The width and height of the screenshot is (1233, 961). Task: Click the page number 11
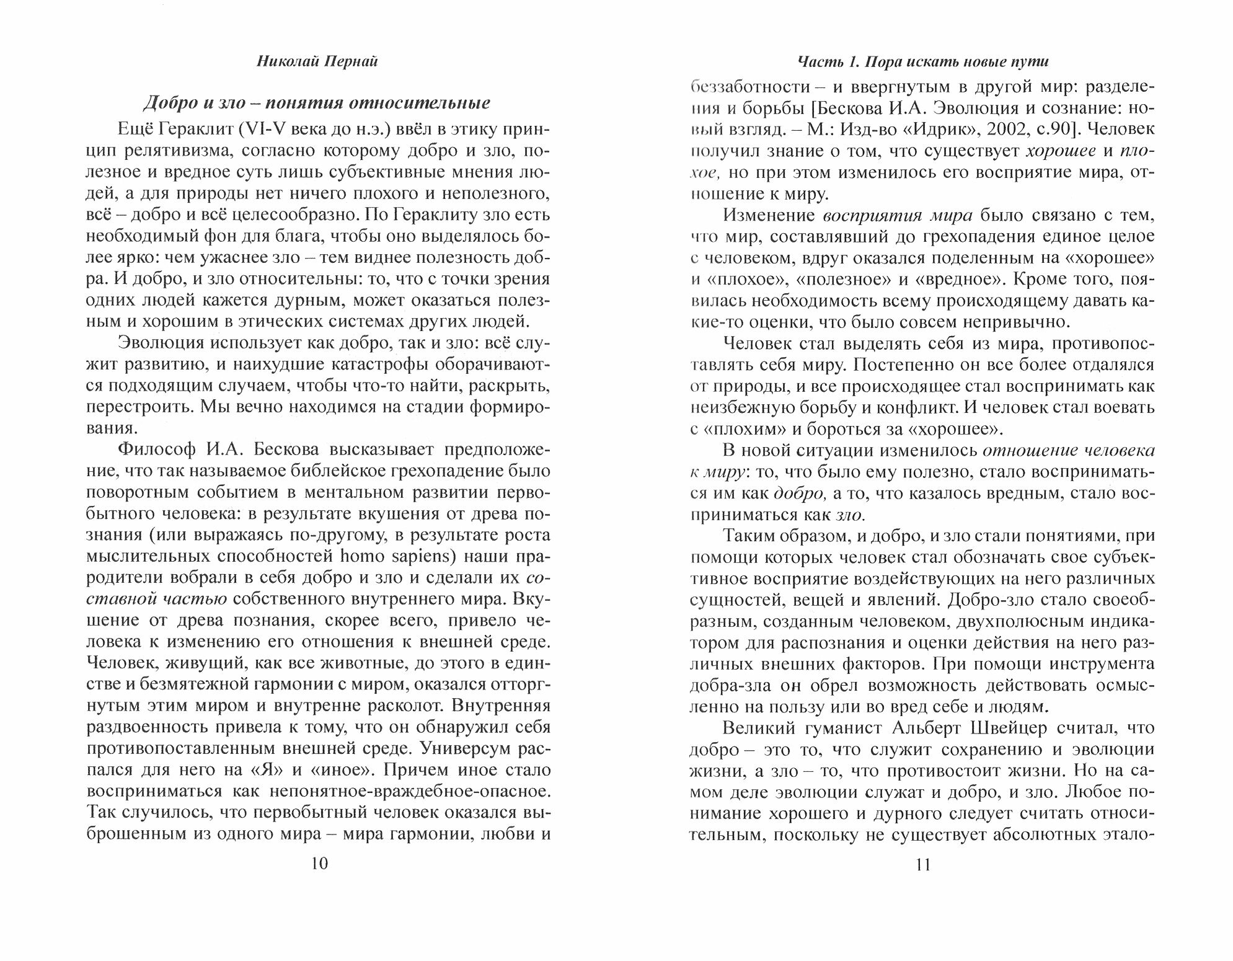[922, 864]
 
